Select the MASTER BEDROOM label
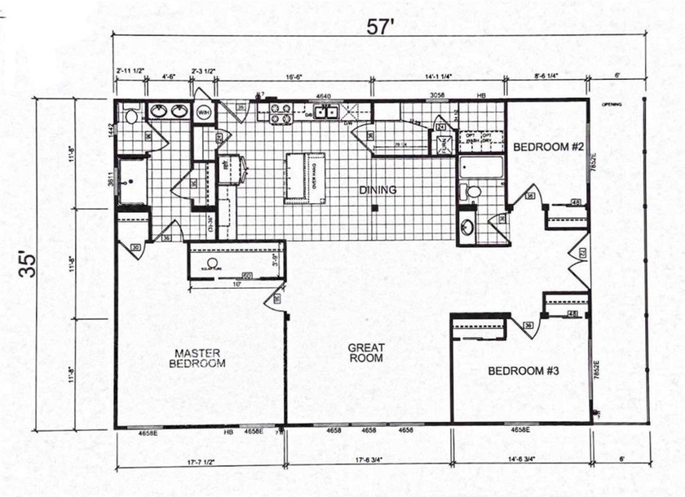point(197,357)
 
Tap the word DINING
point(378,190)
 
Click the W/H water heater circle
point(203,112)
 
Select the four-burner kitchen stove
point(281,113)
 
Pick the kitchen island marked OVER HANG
point(305,178)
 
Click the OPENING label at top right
point(612,105)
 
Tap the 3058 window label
point(437,95)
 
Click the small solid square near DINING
point(373,208)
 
